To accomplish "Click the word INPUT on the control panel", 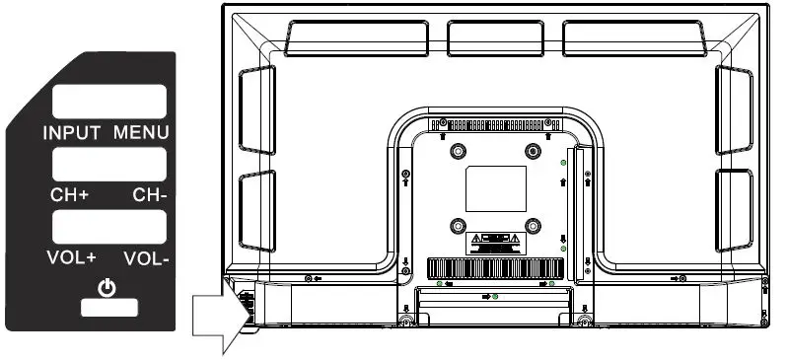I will (73, 132).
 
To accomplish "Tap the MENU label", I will (140, 132).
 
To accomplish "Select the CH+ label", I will (69, 194).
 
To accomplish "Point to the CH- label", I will (150, 194).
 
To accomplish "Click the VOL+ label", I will (70, 260).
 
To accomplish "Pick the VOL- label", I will (147, 260).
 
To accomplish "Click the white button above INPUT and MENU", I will (108, 103).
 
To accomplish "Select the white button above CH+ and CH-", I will (108, 164).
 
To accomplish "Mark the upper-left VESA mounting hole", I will (458, 152).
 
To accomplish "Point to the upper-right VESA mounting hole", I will (534, 151).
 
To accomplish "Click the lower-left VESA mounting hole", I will (458, 226).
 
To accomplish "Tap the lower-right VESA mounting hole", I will (534, 226).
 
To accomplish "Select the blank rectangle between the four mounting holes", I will (495, 188).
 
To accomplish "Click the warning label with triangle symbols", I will (495, 240).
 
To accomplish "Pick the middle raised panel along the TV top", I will (495, 37).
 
